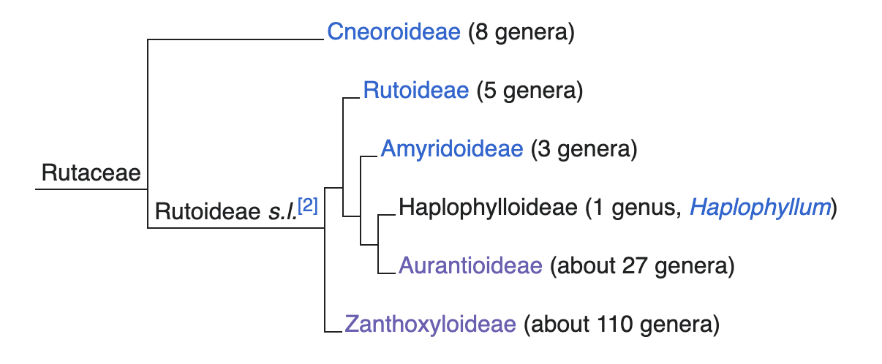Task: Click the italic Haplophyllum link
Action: [761, 208]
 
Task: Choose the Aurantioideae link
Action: [470, 265]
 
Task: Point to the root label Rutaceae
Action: [91, 174]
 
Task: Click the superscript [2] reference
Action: [307, 206]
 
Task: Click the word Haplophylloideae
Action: [488, 208]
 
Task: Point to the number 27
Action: [625, 265]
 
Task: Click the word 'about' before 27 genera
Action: [581, 265]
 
